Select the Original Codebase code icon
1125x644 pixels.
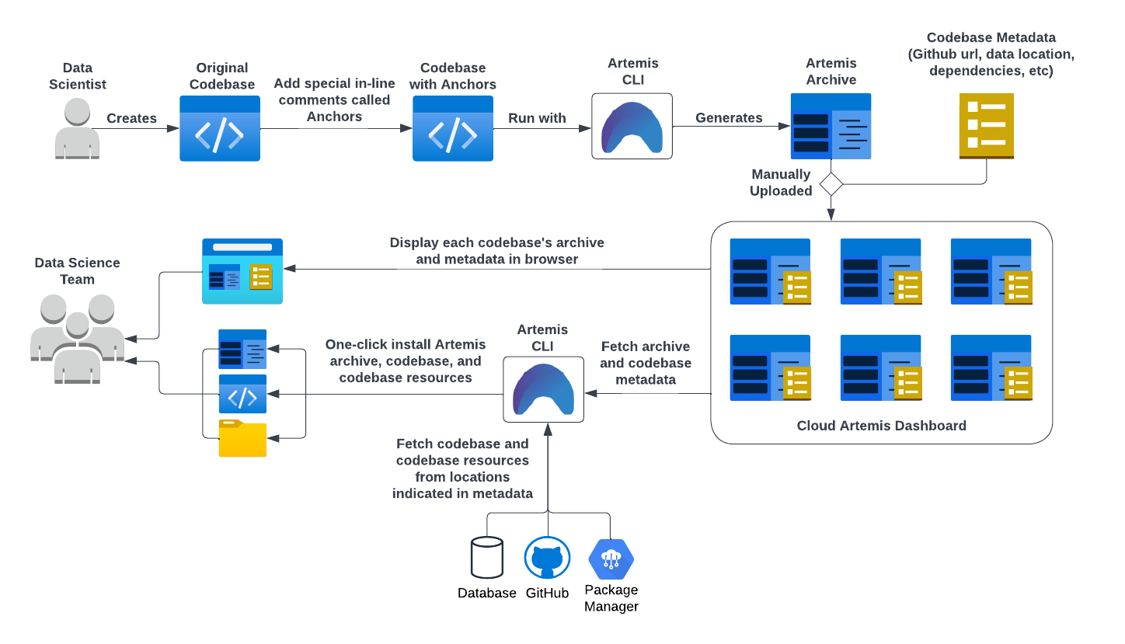219,129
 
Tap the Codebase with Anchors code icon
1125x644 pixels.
452,129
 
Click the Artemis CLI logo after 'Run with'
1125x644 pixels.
632,126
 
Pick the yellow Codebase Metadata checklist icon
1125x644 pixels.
986,126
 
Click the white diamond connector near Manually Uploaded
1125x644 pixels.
831,184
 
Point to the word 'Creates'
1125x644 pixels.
131,119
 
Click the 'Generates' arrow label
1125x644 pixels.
729,118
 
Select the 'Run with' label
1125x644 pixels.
537,119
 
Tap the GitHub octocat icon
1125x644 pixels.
547,559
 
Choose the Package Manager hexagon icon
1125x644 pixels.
611,559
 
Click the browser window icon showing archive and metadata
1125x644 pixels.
242,271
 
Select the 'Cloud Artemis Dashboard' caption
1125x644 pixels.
881,426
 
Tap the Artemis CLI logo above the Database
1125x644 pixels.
544,389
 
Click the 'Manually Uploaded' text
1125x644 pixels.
780,183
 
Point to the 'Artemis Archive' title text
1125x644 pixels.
831,71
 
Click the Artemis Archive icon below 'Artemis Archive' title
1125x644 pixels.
831,126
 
